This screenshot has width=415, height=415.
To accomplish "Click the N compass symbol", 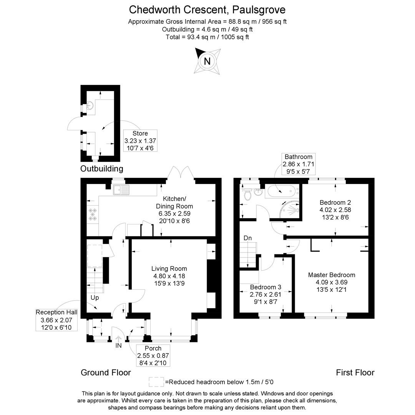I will coord(207,61).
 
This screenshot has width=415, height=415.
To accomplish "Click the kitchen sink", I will coord(121,189).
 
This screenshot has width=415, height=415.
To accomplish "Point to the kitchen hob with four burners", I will coord(93,214).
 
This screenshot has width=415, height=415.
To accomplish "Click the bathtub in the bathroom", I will coord(282,191).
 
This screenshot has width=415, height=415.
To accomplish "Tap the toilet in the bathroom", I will coord(248,194).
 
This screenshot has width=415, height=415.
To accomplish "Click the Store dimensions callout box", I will coord(140,141).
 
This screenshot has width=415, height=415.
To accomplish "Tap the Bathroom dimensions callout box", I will coord(299,164).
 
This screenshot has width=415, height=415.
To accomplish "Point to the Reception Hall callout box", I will coord(56,319).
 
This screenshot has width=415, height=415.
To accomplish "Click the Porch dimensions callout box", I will coord(153,355).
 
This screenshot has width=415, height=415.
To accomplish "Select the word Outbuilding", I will coord(102,169).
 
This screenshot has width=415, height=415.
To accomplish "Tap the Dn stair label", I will coord(248,238).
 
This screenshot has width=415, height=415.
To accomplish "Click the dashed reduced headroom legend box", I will coord(156,382).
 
